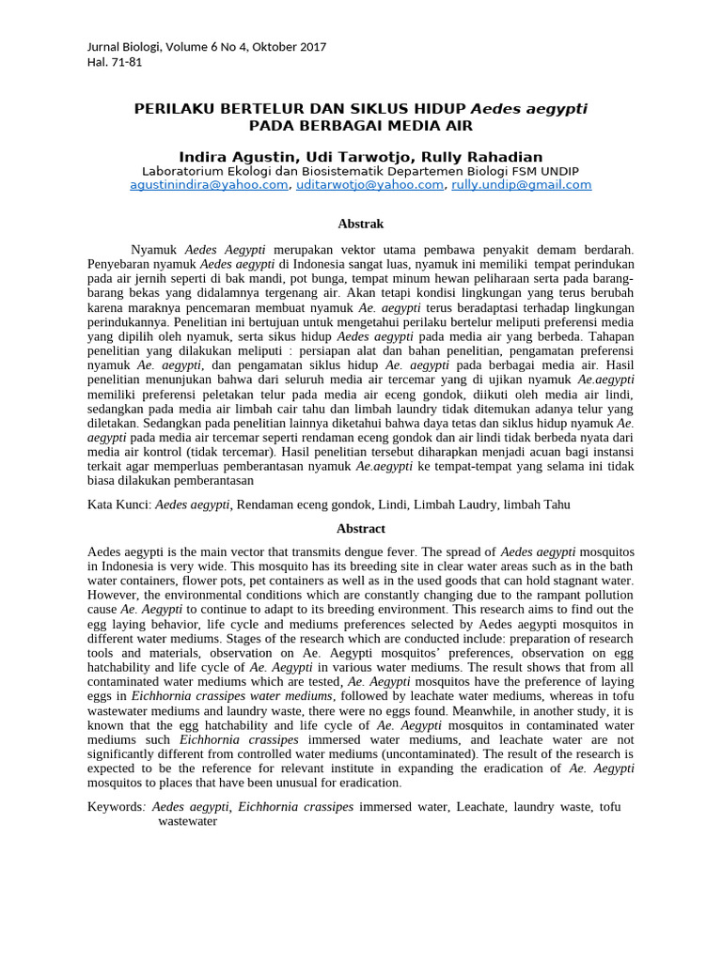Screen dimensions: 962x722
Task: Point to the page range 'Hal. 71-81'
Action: click(115, 62)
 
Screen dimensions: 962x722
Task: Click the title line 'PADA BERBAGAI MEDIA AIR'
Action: click(361, 125)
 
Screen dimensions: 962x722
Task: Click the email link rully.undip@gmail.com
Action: click(522, 185)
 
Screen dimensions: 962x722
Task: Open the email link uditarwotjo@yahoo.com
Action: click(369, 185)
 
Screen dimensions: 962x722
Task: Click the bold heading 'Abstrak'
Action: click(361, 224)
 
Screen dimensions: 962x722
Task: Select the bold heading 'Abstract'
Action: click(361, 529)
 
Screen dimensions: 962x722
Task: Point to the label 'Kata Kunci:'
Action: click(119, 504)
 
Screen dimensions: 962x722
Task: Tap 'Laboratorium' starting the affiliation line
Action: click(182, 171)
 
